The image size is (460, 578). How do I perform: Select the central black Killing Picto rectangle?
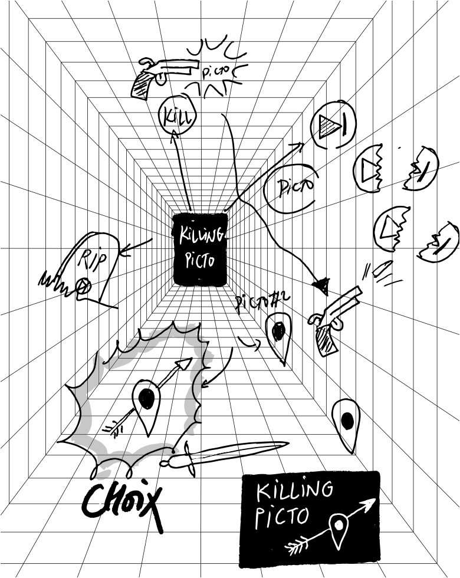coord(201,249)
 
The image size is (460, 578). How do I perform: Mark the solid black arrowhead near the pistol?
coord(321,287)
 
